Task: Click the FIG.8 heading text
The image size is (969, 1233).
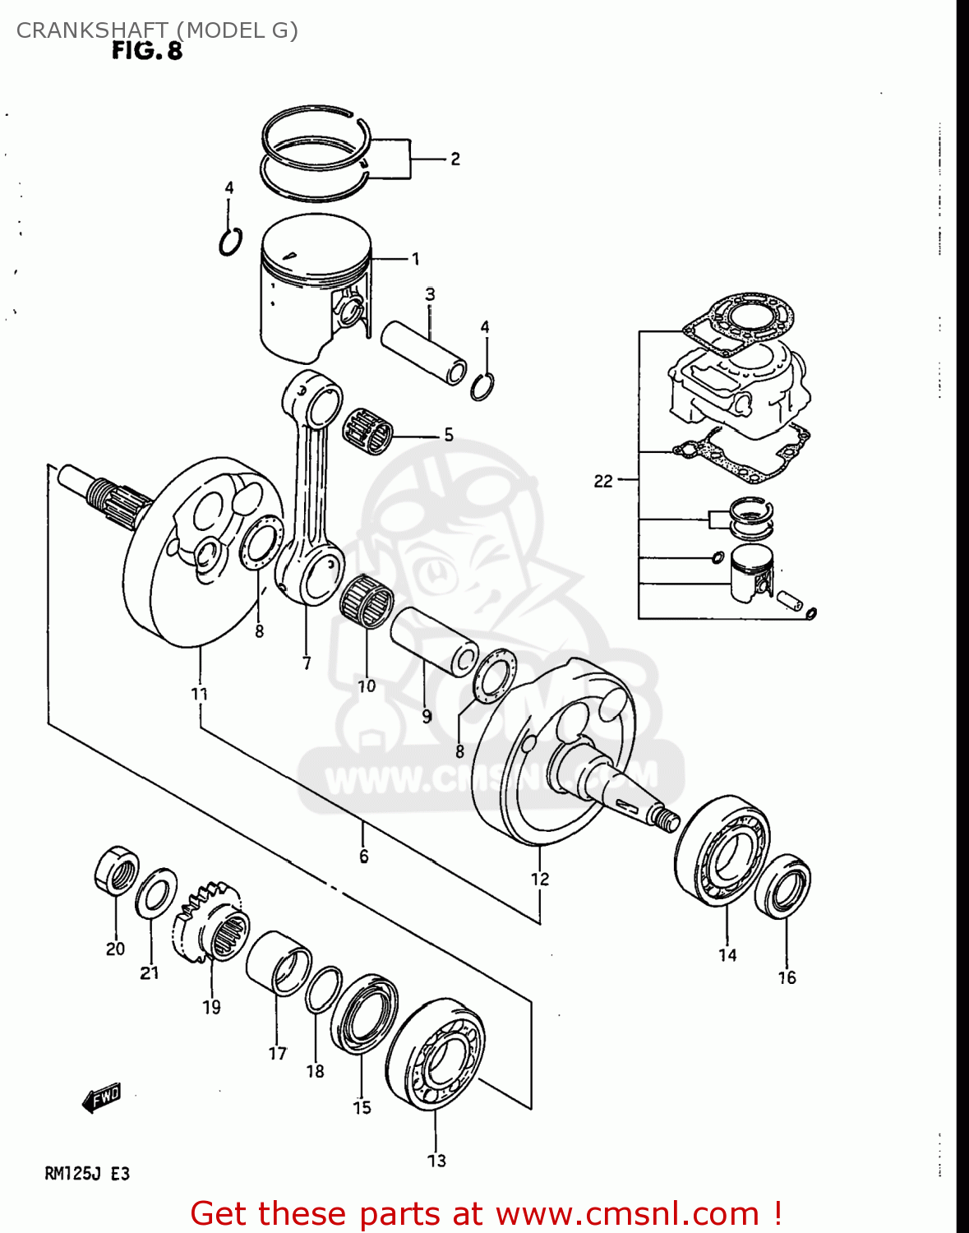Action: tap(147, 51)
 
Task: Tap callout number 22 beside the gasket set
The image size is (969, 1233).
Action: tap(603, 481)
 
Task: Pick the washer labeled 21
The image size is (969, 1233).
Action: tap(155, 894)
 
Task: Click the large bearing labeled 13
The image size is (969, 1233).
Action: tap(436, 1054)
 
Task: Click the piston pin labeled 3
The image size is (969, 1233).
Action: tap(423, 352)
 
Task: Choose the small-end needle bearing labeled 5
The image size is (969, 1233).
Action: tap(368, 429)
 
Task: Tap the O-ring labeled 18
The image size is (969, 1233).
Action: tap(323, 990)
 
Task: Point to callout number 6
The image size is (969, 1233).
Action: tap(363, 857)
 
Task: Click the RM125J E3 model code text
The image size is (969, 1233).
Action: tap(87, 1173)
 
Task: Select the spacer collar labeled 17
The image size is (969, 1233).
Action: tap(279, 963)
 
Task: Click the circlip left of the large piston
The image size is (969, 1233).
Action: tap(231, 242)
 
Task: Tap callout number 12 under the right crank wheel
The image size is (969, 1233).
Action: tap(539, 879)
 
